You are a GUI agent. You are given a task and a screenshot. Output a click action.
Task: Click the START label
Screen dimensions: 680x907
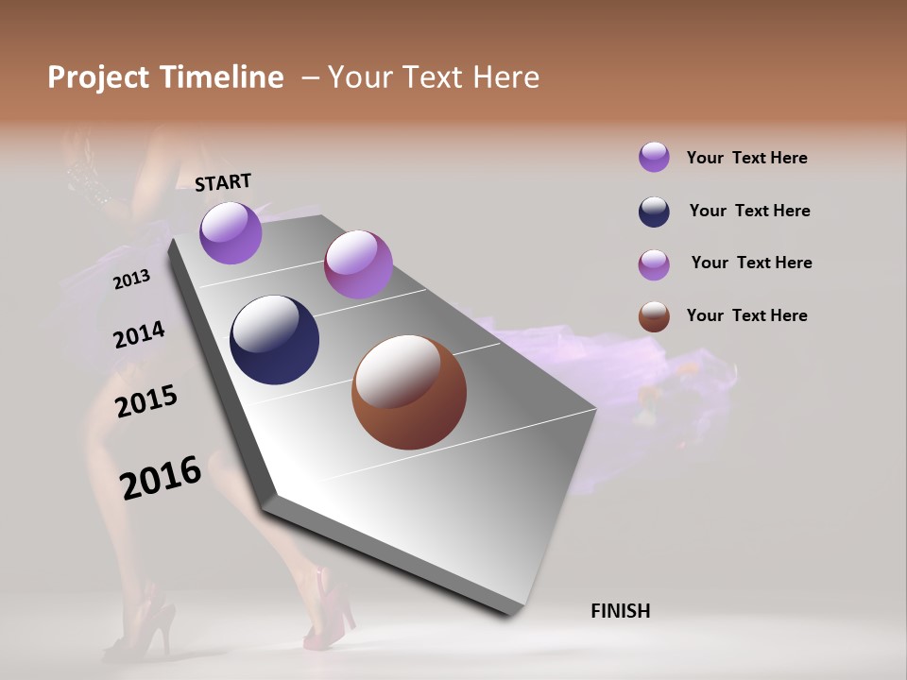223,181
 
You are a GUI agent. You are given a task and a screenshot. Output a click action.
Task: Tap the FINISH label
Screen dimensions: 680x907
621,611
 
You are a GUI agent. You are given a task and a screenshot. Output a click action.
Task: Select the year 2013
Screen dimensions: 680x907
132,279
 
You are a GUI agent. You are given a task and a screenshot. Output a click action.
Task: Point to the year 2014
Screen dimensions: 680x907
139,334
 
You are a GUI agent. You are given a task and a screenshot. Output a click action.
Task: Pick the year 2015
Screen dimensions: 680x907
146,400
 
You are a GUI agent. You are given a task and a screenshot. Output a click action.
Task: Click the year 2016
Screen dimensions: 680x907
161,478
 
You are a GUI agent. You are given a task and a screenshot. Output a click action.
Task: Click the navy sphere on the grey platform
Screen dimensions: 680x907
274,340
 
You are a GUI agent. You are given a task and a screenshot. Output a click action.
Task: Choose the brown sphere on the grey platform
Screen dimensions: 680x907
409,392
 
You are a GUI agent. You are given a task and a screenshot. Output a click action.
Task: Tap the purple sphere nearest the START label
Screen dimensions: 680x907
231,232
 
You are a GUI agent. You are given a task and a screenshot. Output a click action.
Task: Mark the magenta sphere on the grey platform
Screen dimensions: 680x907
358,264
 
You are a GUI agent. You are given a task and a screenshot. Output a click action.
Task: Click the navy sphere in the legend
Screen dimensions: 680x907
654,212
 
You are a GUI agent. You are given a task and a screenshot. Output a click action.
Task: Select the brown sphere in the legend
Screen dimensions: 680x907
654,316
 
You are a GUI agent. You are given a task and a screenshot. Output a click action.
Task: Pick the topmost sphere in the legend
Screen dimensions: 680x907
654,157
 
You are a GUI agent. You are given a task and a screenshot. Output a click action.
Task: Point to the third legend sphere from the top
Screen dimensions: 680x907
654,264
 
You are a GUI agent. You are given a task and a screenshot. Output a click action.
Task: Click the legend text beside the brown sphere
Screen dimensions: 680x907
746,315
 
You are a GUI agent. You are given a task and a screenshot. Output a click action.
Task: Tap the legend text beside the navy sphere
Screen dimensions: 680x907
749,211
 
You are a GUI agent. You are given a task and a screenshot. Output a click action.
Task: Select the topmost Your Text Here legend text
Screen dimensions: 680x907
746,158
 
